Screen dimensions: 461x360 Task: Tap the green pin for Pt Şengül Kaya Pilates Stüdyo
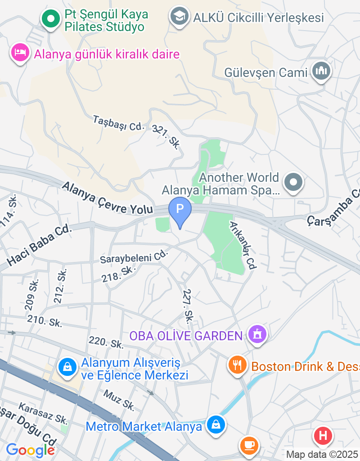click(51, 19)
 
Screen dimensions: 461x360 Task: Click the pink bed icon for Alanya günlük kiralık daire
click(20, 53)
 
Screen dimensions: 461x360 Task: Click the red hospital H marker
click(323, 435)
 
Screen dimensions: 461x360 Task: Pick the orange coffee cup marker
click(249, 445)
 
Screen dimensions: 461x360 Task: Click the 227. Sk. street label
click(188, 305)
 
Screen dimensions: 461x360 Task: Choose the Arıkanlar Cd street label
click(243, 245)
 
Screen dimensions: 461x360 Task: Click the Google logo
click(30, 450)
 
